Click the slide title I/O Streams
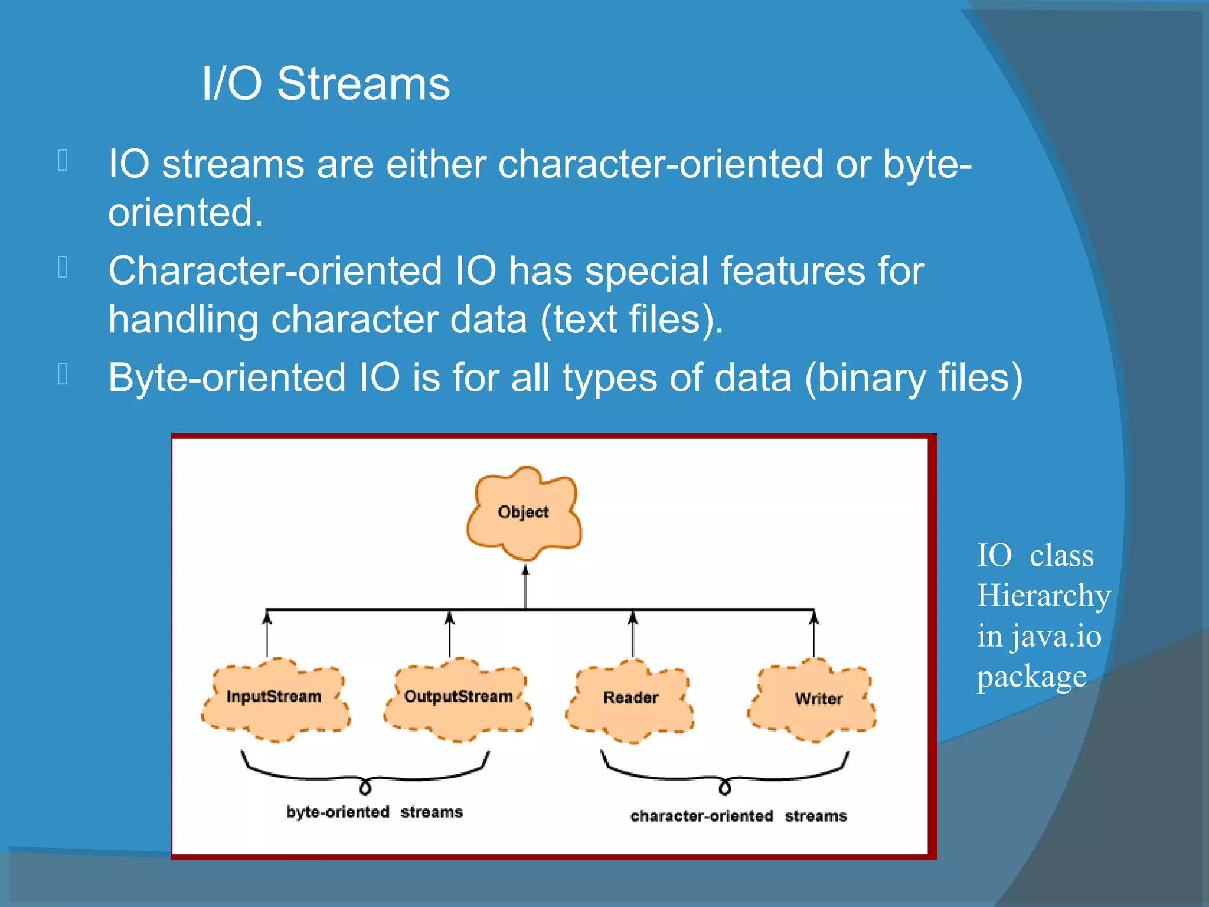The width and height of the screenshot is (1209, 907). [326, 84]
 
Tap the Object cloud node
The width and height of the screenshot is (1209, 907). [524, 513]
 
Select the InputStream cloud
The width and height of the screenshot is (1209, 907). [275, 697]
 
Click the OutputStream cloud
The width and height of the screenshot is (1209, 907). [458, 697]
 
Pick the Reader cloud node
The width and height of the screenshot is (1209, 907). [630, 699]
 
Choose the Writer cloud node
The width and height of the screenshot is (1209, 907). [818, 700]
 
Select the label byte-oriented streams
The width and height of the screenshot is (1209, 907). [374, 813]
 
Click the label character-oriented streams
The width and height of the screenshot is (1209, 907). [738, 816]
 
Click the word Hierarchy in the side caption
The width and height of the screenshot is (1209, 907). [1043, 595]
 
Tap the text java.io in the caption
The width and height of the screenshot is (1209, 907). [1056, 637]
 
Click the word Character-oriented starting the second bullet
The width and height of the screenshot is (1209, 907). [275, 271]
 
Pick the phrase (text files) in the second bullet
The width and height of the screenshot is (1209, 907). [632, 319]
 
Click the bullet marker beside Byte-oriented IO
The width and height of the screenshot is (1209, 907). [63, 374]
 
